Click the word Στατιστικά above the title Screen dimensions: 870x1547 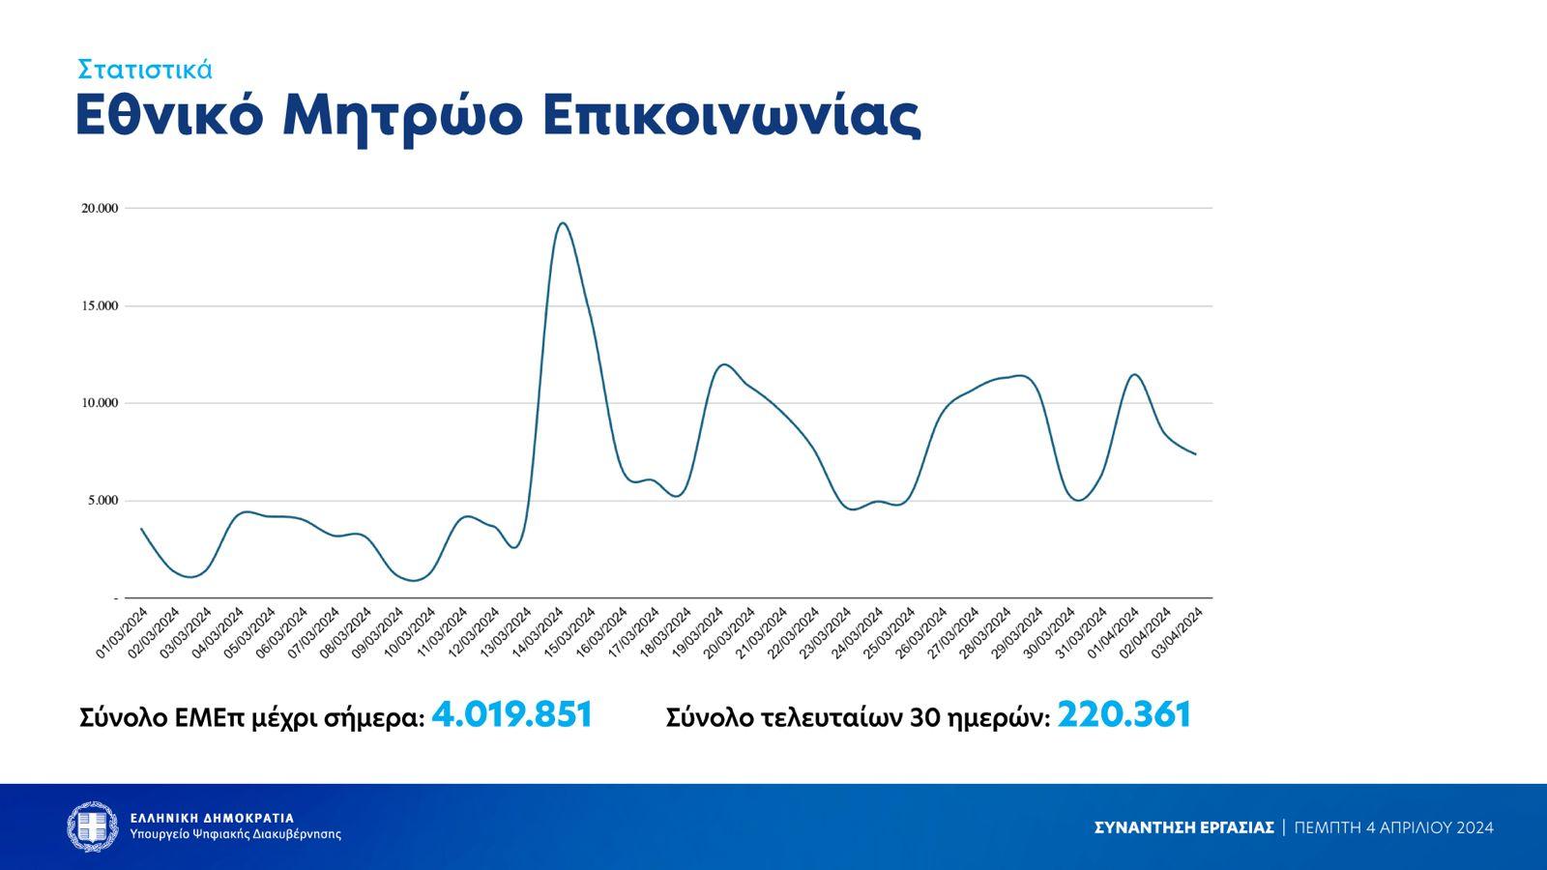145,70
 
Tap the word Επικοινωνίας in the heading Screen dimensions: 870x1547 731,117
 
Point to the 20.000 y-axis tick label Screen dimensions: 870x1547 100,208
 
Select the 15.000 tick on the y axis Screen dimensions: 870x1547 100,306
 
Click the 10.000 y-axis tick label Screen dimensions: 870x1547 100,403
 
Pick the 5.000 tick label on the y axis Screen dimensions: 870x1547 102,501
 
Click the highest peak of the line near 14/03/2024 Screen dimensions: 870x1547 563,223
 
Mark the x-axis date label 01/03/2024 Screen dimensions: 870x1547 123,633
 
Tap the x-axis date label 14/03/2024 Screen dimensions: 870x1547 539,633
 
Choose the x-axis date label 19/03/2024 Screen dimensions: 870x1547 698,633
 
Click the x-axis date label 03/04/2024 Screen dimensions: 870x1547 1178,633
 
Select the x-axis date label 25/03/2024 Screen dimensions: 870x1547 890,633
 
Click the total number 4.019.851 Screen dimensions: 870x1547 511,715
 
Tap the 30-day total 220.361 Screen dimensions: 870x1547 1124,715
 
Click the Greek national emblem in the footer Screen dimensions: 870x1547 93,827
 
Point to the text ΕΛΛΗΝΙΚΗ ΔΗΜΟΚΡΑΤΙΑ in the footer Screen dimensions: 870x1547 212,818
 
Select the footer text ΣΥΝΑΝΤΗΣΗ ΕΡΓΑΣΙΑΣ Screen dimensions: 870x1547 1183,827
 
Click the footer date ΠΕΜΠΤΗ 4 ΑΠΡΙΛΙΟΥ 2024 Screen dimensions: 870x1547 1393,827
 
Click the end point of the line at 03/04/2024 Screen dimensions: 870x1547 1196,454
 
